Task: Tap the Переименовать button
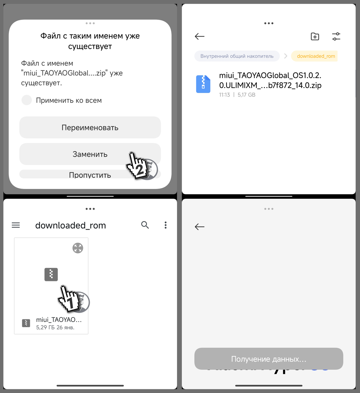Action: coord(90,128)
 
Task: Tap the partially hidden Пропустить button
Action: coord(90,175)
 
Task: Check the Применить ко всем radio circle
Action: coord(27,100)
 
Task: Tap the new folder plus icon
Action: coord(315,36)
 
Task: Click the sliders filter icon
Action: coord(336,36)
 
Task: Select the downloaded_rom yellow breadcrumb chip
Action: coord(315,56)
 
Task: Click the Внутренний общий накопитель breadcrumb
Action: coord(237,56)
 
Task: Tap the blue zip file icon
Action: coord(203,84)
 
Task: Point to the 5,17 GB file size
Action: coord(247,95)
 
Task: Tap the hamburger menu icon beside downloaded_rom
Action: coord(16,225)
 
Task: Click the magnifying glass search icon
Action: coord(145,225)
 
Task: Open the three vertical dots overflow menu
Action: coord(166,225)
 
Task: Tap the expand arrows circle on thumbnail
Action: coord(78,248)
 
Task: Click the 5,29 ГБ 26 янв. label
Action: coord(55,327)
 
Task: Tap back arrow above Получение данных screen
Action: coord(199,227)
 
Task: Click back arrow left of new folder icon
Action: coord(199,36)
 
